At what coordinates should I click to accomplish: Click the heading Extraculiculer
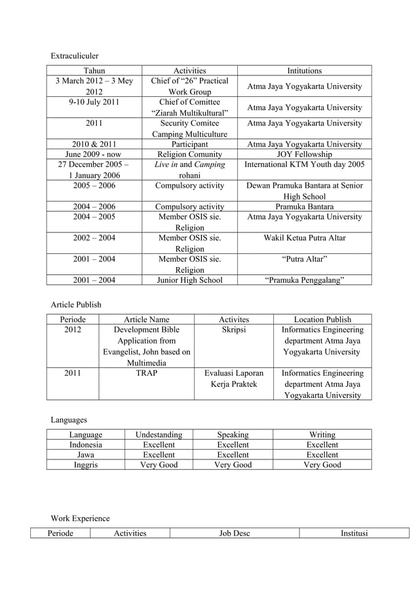75,56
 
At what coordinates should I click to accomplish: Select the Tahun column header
94,71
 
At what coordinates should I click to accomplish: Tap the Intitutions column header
304,71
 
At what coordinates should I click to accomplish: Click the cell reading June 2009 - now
94,154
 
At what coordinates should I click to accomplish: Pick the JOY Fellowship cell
304,154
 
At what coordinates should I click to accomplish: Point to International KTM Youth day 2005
304,165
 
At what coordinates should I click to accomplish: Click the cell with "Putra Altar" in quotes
304,259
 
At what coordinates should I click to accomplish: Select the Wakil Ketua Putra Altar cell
304,238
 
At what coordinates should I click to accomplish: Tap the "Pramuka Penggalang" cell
304,281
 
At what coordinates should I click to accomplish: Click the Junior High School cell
189,281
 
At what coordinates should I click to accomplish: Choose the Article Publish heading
76,304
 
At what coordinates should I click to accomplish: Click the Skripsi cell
234,330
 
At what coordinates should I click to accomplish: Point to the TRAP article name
147,373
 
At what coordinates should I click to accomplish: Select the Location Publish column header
322,319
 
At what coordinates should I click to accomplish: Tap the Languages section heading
69,419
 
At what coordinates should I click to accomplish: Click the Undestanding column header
159,434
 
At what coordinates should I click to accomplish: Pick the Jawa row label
85,454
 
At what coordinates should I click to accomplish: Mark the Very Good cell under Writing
322,465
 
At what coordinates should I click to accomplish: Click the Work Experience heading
80,518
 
